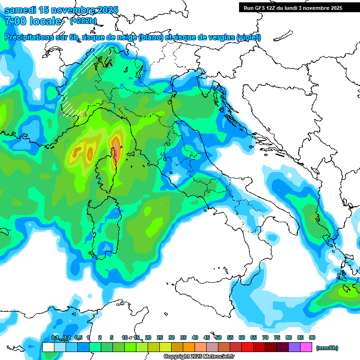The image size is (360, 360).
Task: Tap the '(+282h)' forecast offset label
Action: (83, 21)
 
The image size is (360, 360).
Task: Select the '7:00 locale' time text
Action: (33, 21)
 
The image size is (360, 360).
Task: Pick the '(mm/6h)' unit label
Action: (327, 348)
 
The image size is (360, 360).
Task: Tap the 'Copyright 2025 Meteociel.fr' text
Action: (199, 357)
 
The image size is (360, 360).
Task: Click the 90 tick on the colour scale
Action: (312, 337)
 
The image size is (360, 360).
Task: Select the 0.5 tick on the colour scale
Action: (78, 337)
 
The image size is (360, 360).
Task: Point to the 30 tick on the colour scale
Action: (172, 337)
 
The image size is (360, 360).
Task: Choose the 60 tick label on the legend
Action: (242, 337)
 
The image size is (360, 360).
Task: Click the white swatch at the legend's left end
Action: (48, 347)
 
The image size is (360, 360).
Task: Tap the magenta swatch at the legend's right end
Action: (306, 347)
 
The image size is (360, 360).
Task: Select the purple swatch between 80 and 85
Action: (294, 347)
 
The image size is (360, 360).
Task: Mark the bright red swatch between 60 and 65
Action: (247, 347)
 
